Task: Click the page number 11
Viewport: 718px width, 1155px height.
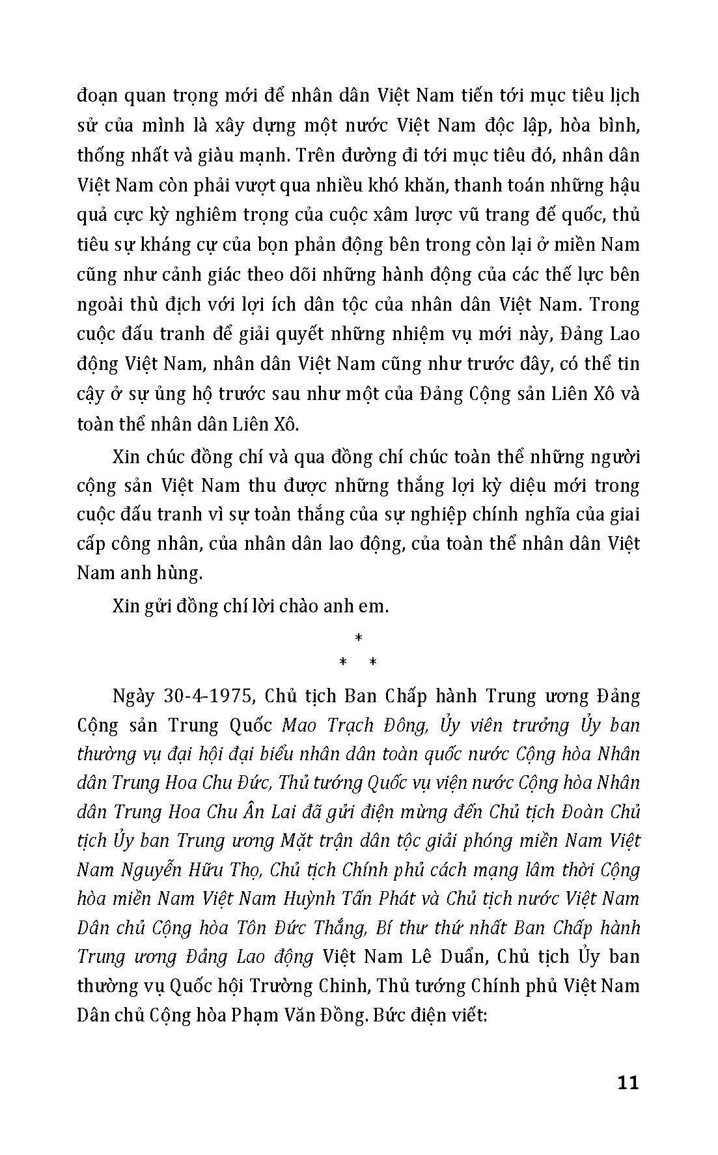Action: pyautogui.click(x=627, y=1083)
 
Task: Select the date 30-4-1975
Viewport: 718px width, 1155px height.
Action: pyautogui.click(x=205, y=696)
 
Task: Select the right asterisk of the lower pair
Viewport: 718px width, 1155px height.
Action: pyautogui.click(x=373, y=663)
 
